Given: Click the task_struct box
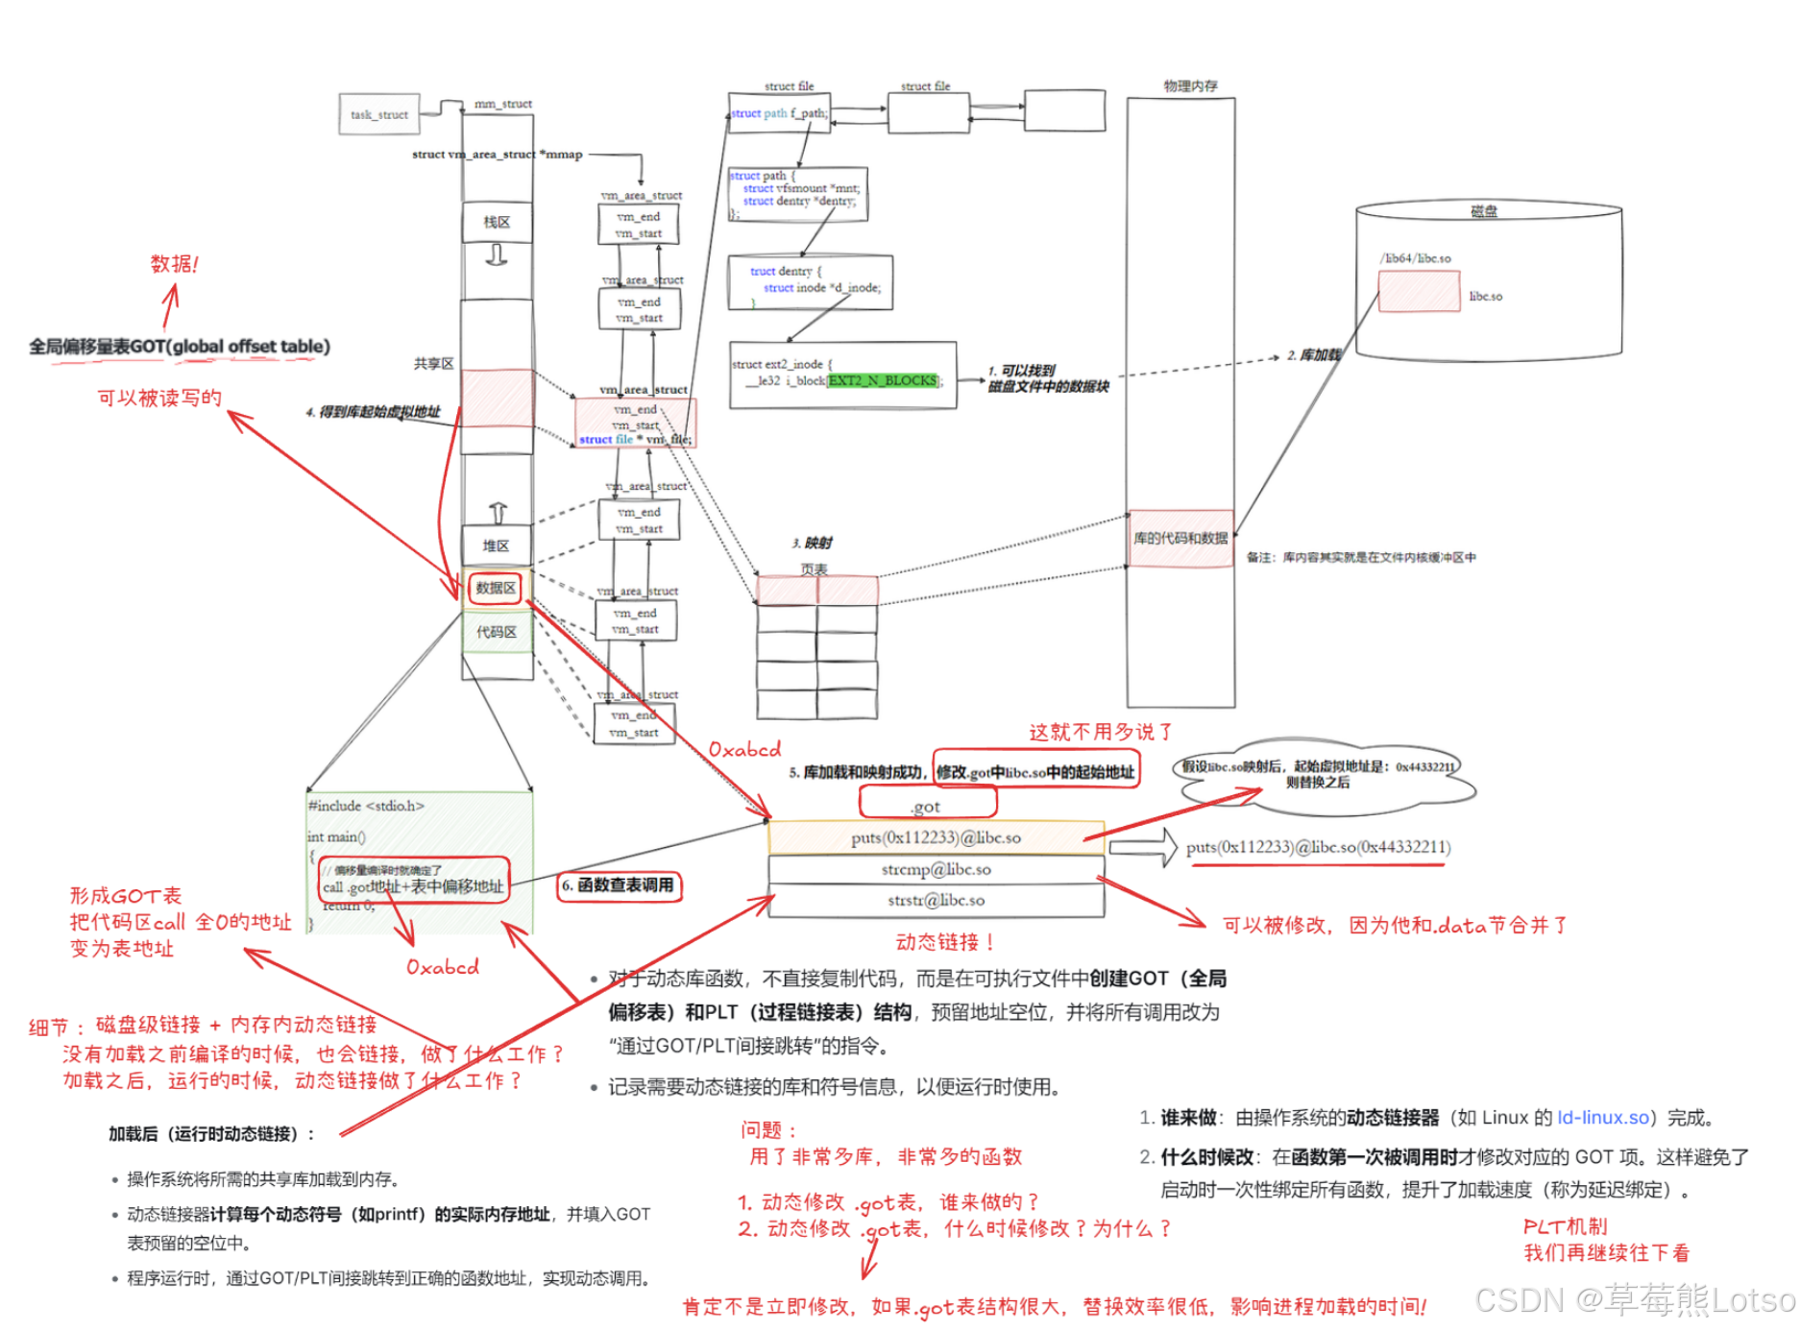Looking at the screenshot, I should [379, 114].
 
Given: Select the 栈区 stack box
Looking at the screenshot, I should [497, 222].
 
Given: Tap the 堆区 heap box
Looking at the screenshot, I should [496, 545].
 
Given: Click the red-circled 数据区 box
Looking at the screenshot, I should [496, 588].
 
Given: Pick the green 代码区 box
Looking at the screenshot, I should [497, 632].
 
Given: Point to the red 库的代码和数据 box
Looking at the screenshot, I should [1180, 538].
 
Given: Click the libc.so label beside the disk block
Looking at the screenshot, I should [1485, 297].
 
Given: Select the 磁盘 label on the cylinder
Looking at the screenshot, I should [1484, 211].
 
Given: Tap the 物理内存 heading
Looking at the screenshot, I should [1190, 86].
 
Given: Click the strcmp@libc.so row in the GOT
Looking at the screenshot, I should [936, 869].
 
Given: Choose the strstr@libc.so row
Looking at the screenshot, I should [936, 900].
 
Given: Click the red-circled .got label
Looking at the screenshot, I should [926, 806].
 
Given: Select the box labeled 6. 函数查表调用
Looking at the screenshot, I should [620, 885].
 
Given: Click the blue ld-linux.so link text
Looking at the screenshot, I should [1602, 1118].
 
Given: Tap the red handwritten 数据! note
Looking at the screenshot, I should [174, 264].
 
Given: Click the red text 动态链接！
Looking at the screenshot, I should [944, 942].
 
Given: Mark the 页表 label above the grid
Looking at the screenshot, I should [814, 569].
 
